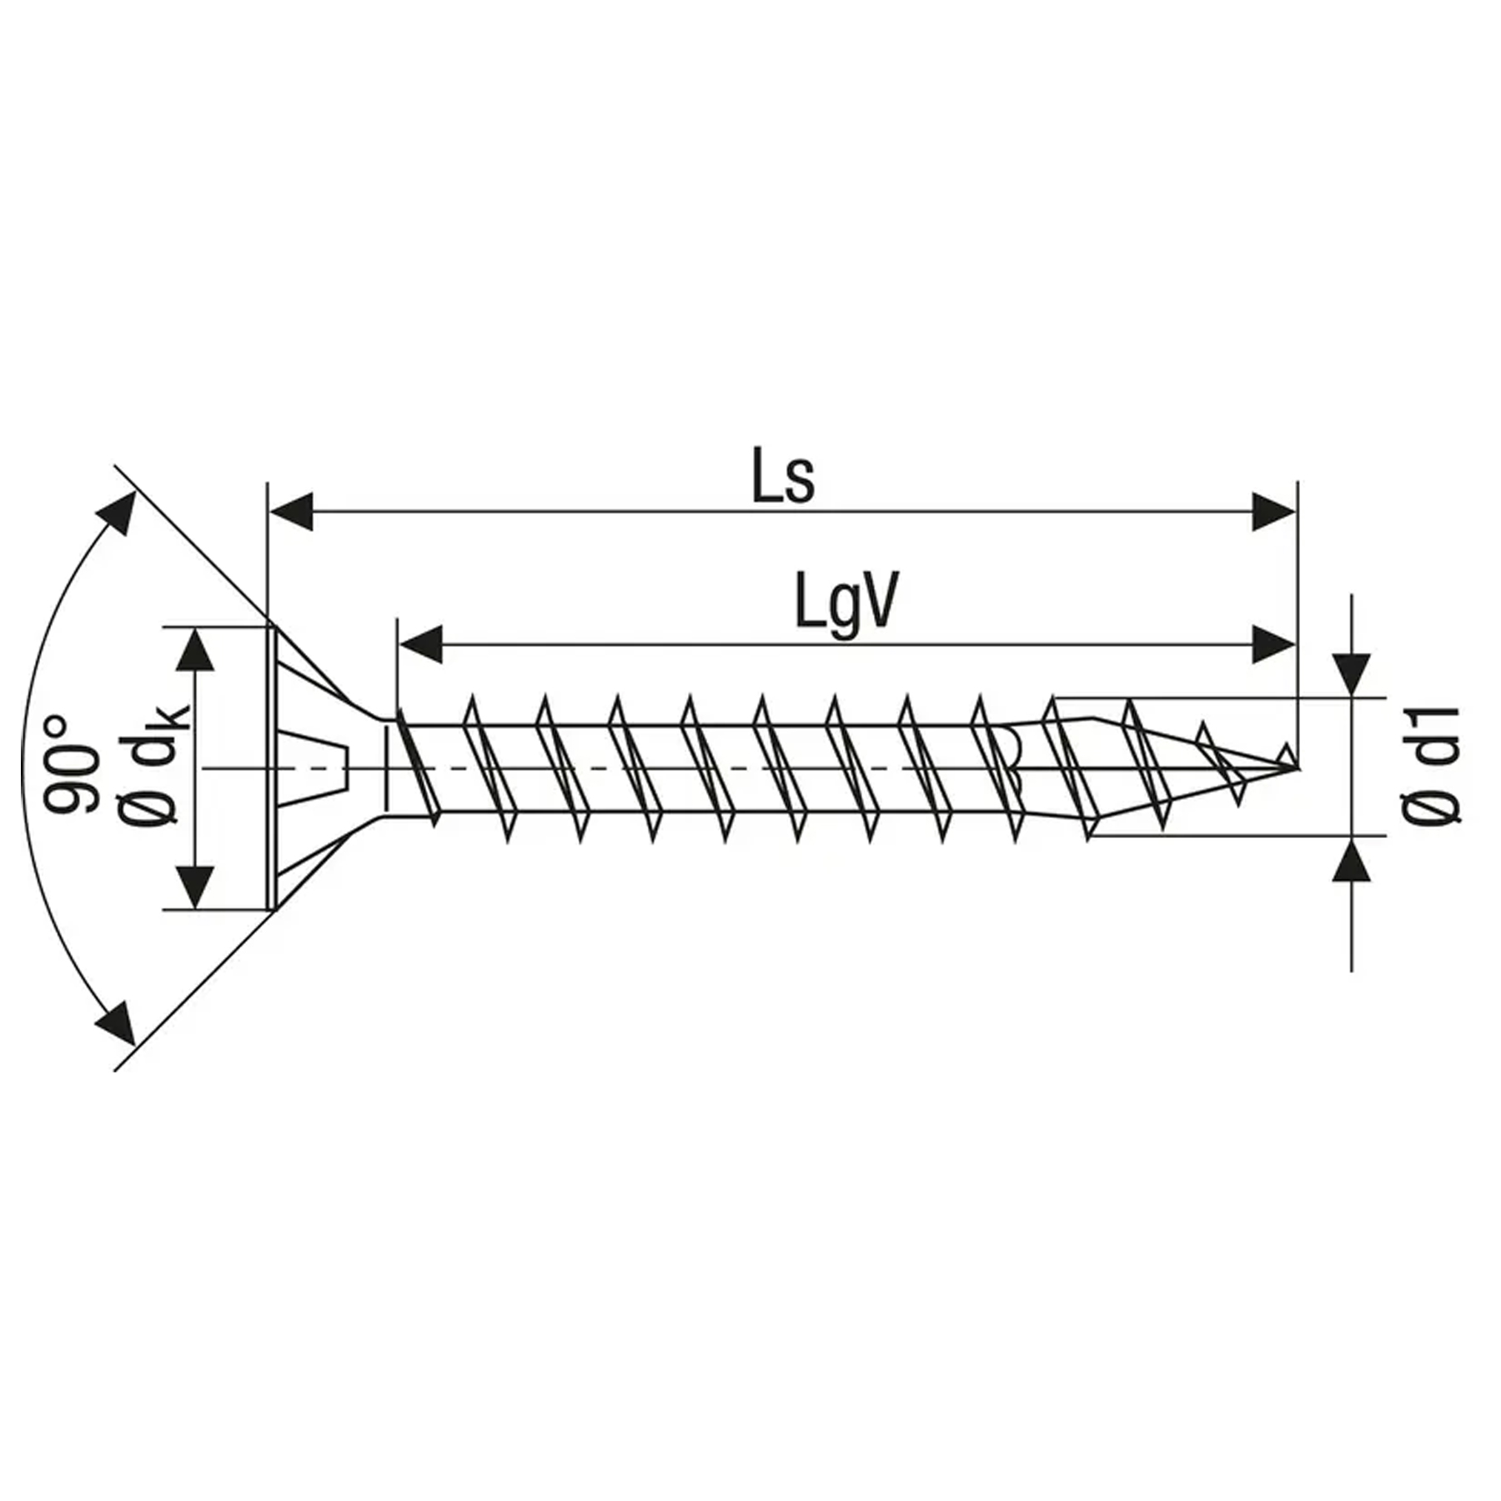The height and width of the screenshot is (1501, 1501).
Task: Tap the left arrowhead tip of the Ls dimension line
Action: pos(270,511)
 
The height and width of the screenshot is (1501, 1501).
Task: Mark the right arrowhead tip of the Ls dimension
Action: pos(1296,511)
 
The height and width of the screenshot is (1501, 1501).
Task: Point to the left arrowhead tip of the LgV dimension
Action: pos(399,644)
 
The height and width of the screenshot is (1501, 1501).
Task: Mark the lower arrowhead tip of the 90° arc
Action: pos(133,1044)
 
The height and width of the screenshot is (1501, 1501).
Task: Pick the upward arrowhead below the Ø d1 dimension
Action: pos(1351,858)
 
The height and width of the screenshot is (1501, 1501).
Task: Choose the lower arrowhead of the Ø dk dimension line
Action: pos(195,887)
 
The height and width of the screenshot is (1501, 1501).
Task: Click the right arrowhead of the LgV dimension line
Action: pos(1274,644)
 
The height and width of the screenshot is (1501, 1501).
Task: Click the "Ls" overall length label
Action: pos(783,475)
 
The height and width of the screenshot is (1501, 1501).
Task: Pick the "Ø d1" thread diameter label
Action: pos(1431,766)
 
